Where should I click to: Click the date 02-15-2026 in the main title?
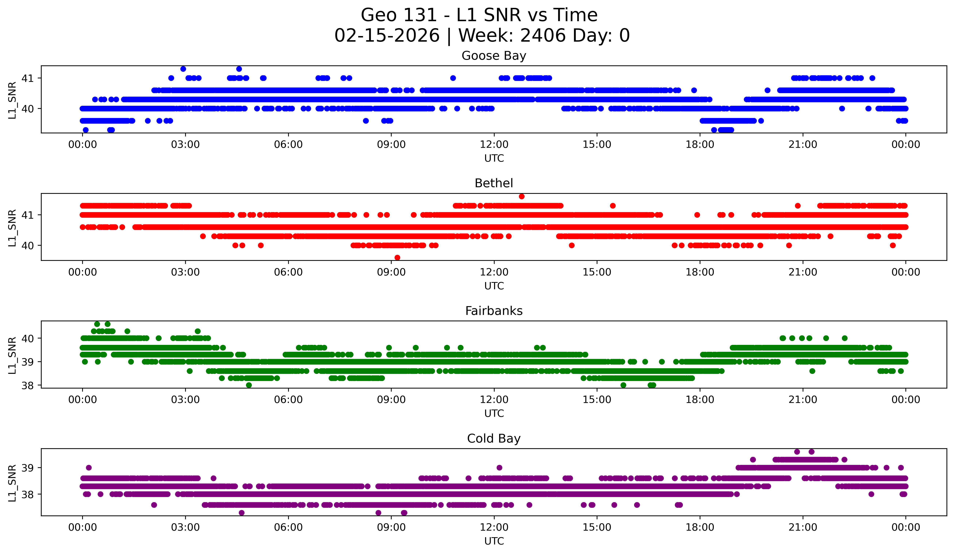click(387, 36)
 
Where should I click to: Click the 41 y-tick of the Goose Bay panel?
click(27, 78)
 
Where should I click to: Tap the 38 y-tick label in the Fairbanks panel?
click(27, 385)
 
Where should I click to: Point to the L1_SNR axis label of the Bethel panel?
click(12, 228)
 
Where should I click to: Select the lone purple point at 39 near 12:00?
click(499, 468)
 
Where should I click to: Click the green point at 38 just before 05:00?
click(249, 385)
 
